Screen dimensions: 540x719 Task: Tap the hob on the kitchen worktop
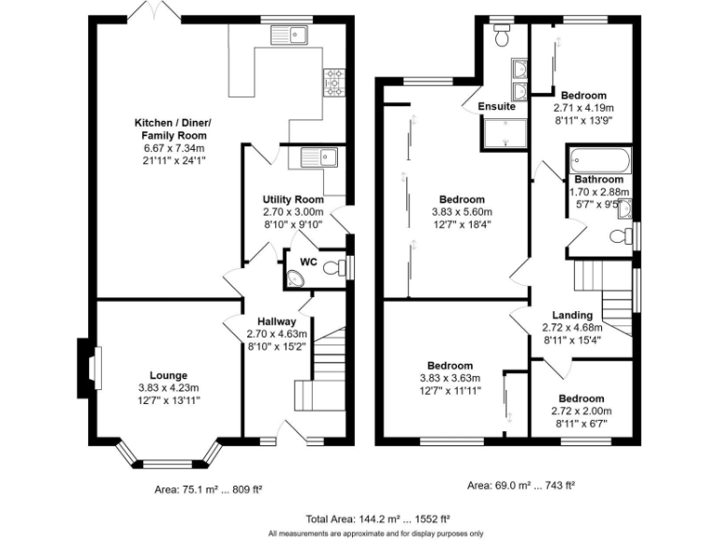[333, 82]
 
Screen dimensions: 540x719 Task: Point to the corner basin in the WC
[295, 277]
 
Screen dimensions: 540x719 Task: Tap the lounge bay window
[169, 458]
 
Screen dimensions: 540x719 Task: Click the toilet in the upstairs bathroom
[619, 237]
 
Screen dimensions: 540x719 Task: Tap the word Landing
[571, 315]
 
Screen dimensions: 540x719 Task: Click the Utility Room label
[293, 200]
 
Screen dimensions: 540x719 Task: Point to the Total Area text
[359, 518]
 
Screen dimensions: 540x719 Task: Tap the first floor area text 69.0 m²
[521, 486]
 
